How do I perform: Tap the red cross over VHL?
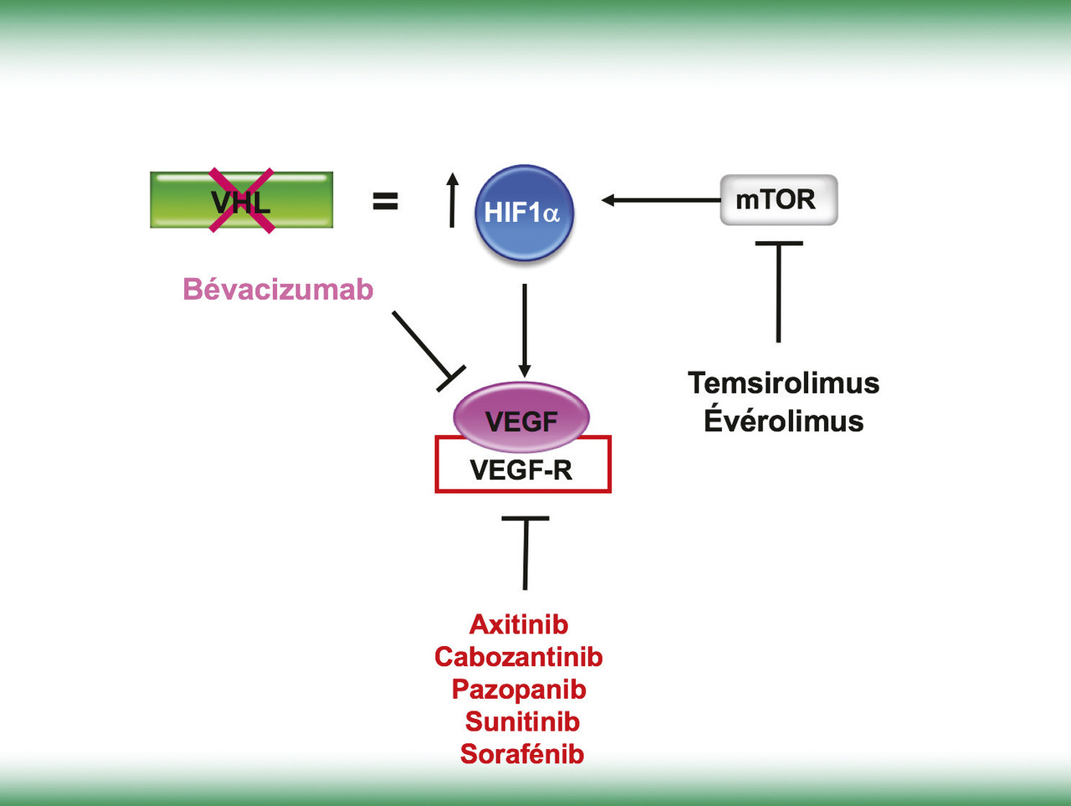242,200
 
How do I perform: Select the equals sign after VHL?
385,201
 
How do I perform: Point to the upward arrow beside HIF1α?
452,201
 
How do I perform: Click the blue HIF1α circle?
524,213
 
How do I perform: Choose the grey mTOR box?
778,200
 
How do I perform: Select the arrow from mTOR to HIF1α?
661,200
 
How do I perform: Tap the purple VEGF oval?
521,416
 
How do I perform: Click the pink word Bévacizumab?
278,290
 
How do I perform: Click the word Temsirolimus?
784,383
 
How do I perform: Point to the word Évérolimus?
784,420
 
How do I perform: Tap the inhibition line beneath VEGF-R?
525,552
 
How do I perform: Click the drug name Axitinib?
519,624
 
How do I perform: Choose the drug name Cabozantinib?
519,657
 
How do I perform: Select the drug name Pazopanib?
519,690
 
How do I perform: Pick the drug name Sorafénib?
522,754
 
